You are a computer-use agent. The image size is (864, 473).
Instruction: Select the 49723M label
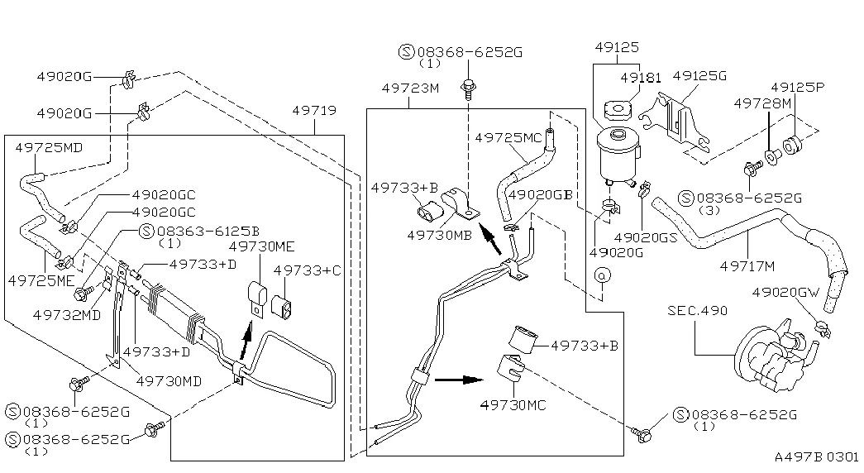(x=410, y=88)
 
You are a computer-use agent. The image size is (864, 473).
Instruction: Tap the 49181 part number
(x=641, y=77)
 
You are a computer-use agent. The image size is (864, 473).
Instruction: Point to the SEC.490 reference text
(x=698, y=311)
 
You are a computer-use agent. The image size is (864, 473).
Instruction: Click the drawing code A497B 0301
(x=817, y=456)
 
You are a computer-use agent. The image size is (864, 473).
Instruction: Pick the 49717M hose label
(x=747, y=265)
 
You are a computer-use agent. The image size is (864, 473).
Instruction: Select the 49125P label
(x=798, y=87)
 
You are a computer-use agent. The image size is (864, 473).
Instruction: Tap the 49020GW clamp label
(x=786, y=292)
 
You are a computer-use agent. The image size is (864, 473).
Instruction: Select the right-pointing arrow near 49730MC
(x=458, y=380)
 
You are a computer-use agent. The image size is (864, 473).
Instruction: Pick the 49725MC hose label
(x=508, y=136)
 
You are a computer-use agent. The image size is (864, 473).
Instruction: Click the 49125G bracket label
(x=699, y=75)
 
